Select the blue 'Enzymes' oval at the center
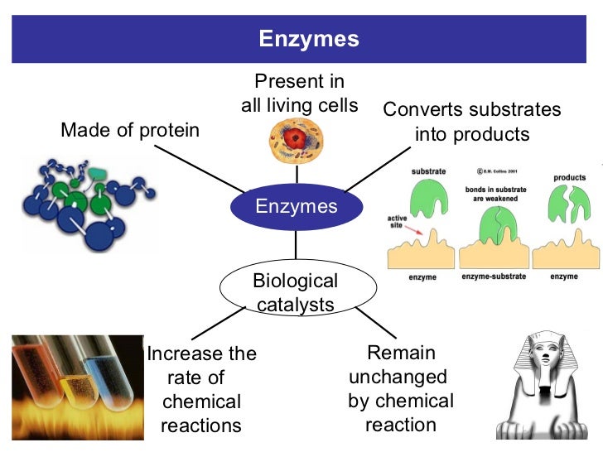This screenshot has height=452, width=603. [296, 206]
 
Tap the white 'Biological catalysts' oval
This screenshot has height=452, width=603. [296, 293]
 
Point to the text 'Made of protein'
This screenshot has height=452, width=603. [130, 131]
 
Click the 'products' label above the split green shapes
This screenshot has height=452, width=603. [569, 177]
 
